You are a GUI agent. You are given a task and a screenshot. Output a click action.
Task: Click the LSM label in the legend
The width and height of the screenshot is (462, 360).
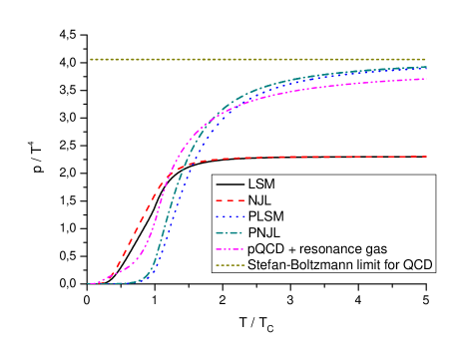261,185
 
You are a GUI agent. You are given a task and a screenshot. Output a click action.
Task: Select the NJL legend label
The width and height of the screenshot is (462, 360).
260,200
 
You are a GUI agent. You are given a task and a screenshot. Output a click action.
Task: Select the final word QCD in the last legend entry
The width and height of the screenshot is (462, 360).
416,264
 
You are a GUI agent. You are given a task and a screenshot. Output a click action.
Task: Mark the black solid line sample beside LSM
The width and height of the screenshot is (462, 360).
230,185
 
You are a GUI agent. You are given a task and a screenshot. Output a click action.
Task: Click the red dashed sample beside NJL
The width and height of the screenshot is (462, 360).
230,201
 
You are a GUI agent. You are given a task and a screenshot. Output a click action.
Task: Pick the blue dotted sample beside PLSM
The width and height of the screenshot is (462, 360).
230,216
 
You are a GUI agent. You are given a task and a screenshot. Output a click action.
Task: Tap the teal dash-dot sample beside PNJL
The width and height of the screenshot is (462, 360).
230,232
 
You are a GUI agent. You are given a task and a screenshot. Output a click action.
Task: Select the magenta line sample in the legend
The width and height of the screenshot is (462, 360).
230,248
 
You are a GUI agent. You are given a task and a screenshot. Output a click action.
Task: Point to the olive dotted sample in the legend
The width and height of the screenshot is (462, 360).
230,264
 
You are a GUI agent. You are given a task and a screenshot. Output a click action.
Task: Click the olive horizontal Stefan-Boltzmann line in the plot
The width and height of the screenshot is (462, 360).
249,59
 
